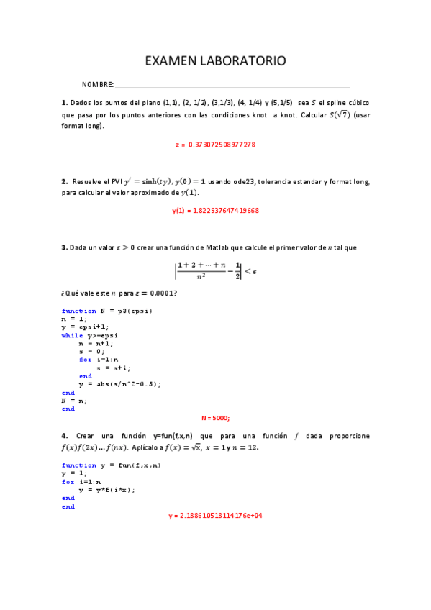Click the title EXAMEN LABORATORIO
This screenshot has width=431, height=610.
[215, 61]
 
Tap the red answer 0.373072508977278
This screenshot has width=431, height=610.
[216, 145]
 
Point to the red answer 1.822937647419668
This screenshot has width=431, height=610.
[215, 211]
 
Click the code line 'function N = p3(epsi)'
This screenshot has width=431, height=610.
[107, 311]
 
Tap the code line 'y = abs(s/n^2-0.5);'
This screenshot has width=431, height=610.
[120, 384]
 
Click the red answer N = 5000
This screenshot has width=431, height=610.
[215, 417]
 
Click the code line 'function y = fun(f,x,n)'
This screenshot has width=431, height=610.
[112, 465]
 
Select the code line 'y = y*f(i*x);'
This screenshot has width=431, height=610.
[107, 490]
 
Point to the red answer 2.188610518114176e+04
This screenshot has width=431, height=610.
[215, 516]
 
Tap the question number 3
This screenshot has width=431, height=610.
[64, 247]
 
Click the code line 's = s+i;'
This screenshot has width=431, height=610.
[109, 368]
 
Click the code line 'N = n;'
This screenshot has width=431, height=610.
[74, 401]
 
